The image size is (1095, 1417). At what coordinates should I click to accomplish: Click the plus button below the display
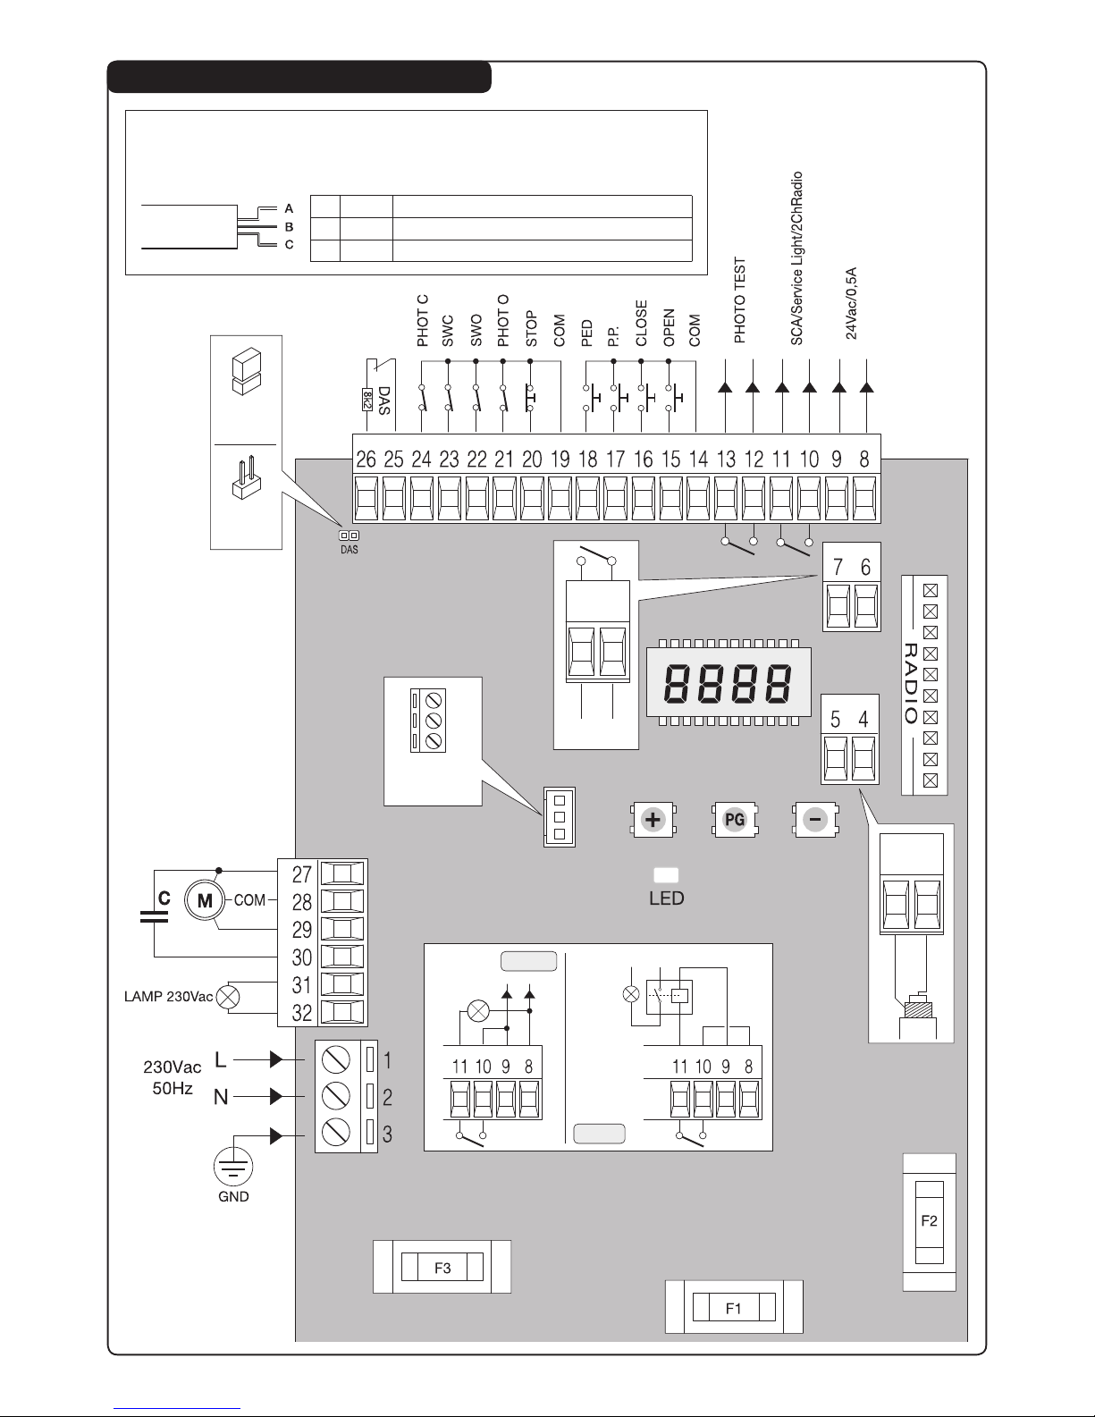(654, 820)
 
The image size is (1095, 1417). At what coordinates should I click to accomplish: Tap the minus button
(815, 820)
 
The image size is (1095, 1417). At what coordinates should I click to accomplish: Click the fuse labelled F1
(734, 1308)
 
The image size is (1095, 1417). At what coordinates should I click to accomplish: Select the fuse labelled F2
(930, 1221)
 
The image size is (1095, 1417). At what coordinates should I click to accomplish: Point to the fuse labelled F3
(442, 1267)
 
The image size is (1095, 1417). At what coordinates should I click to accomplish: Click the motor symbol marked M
(205, 900)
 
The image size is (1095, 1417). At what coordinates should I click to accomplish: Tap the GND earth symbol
(233, 1167)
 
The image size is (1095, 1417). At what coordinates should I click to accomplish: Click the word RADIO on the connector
(911, 683)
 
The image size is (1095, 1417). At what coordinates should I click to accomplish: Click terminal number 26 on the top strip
(366, 460)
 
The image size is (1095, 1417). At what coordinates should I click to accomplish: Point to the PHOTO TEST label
(740, 301)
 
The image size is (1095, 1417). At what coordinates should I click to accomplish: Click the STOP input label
(532, 328)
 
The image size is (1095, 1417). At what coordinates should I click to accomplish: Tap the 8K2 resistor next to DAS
(366, 399)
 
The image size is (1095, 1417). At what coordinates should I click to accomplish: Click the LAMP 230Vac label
(168, 997)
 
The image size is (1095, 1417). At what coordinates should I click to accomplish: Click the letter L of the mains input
(222, 1060)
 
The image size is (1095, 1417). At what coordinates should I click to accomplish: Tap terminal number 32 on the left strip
(302, 1013)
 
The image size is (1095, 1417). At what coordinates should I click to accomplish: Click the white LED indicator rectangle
(667, 874)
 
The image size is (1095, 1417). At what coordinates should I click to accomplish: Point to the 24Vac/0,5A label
(852, 301)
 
